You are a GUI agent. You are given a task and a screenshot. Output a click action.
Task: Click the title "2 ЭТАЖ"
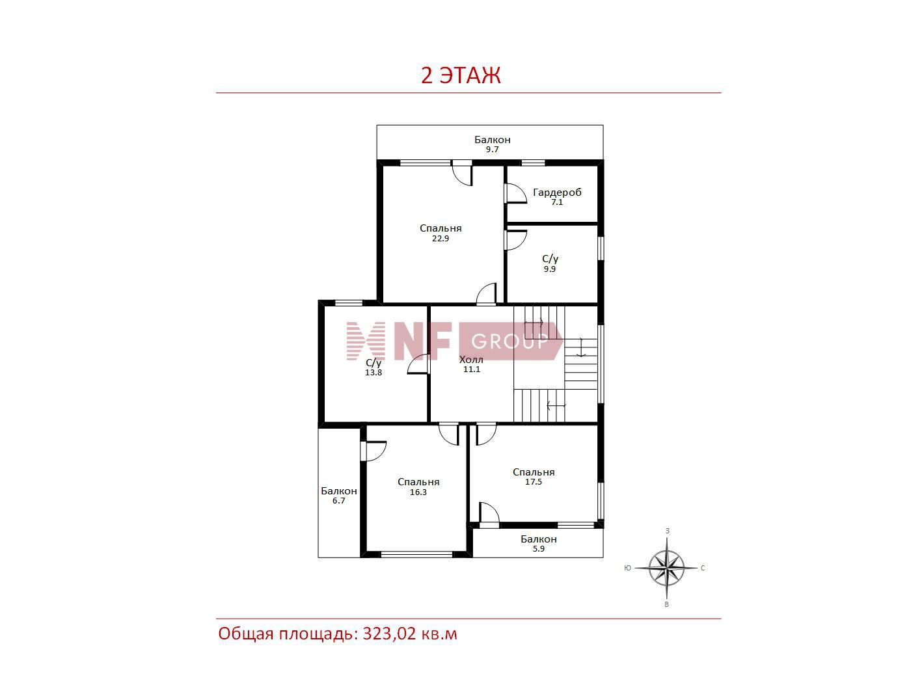(x=460, y=75)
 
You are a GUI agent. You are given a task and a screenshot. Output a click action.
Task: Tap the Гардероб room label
(x=557, y=193)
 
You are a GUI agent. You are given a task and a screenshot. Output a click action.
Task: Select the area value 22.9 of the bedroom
(x=441, y=239)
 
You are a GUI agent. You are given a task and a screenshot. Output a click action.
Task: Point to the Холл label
(x=471, y=359)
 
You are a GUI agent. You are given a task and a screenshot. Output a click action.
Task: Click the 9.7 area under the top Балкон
(x=492, y=150)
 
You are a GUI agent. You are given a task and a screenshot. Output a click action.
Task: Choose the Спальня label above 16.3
(x=418, y=482)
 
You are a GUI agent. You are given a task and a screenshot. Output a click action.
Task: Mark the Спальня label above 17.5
(x=534, y=472)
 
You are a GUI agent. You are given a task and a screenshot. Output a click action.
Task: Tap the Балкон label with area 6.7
(x=338, y=491)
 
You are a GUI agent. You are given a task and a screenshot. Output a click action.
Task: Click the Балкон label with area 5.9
(x=538, y=539)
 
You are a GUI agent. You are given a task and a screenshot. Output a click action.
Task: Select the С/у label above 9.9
(x=550, y=259)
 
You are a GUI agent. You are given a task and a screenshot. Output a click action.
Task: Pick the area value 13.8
(x=373, y=372)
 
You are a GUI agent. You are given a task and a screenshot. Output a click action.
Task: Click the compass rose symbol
(x=666, y=568)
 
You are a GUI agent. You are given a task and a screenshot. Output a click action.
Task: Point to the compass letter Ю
(x=627, y=568)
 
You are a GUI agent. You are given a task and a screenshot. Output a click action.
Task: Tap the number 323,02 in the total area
(x=389, y=634)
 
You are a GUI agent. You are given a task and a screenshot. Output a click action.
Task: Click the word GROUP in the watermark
(x=510, y=341)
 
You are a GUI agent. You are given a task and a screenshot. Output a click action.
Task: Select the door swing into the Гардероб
(x=515, y=193)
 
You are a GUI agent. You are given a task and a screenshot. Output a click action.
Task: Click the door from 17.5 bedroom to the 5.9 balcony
(x=489, y=515)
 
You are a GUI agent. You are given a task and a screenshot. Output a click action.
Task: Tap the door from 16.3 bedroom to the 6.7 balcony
(x=373, y=451)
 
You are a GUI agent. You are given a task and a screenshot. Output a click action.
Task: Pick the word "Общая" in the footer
(x=246, y=634)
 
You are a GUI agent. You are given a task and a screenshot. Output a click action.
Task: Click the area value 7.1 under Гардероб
(x=556, y=202)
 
